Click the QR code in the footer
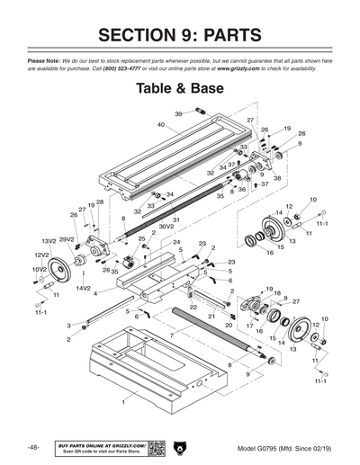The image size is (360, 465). [x=156, y=448]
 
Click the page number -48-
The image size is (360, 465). [x=32, y=447]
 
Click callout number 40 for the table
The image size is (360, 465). [x=161, y=125]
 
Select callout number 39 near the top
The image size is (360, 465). [x=178, y=114]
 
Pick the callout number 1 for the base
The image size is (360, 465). [x=111, y=403]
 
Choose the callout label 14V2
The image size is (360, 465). [x=84, y=288]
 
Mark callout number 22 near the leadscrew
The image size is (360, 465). [x=193, y=307]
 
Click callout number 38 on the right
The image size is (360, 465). [x=277, y=178]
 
